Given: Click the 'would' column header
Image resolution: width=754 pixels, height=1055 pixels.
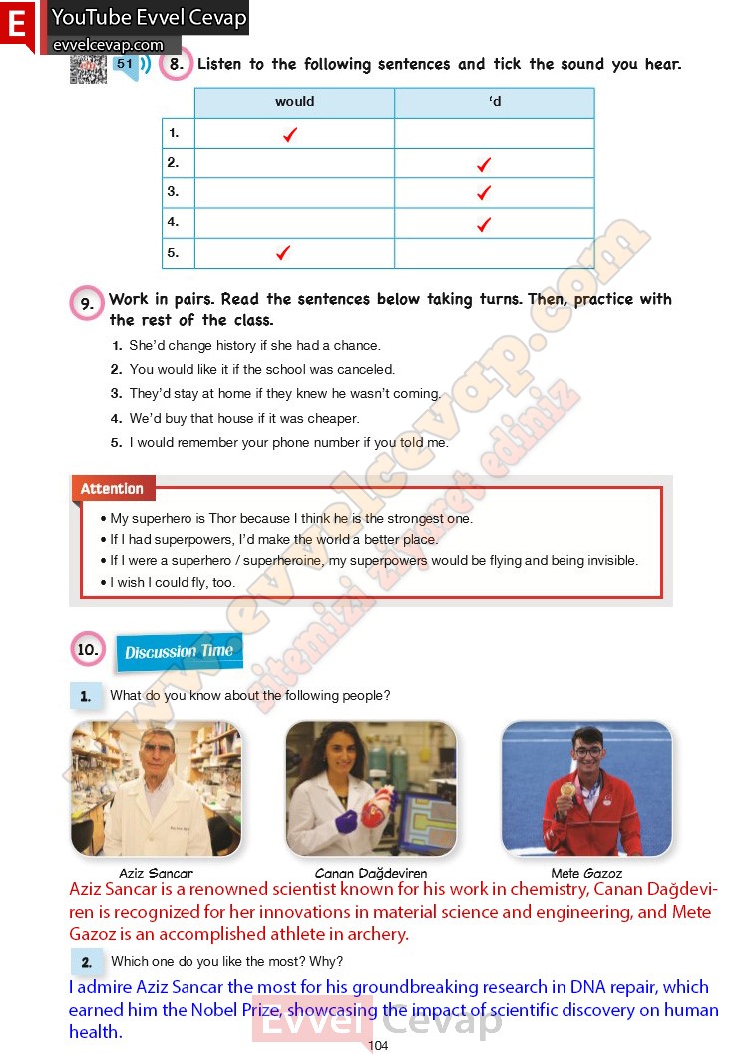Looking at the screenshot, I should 294,102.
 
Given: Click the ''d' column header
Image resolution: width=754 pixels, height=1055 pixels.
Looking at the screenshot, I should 495,102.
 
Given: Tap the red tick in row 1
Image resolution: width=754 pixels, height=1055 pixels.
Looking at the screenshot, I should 290,134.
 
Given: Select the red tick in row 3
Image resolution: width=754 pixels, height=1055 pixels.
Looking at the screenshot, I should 484,193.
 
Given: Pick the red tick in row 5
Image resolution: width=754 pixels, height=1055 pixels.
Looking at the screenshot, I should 283,253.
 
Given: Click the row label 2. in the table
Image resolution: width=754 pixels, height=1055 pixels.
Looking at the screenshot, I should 174,162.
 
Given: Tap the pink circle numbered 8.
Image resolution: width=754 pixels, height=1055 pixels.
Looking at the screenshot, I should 176,65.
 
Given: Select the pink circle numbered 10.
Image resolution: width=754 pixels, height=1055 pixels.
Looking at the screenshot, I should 88,650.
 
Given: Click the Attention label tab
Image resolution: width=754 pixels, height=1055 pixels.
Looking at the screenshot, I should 112,489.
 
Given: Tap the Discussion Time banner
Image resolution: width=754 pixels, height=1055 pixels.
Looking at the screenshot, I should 179,652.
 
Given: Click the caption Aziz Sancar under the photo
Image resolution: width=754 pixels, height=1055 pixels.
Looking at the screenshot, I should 156,873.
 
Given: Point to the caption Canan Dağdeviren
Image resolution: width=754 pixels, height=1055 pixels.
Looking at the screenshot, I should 370,873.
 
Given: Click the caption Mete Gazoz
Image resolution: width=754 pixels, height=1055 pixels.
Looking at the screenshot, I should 586,873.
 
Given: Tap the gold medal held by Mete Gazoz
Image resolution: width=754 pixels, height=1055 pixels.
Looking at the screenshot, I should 567,789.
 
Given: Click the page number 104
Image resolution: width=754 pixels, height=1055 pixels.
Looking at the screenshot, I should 378,1045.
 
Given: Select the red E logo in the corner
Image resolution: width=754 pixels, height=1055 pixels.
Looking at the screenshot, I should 17,25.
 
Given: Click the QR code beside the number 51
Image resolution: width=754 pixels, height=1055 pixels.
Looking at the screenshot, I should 88,68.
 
